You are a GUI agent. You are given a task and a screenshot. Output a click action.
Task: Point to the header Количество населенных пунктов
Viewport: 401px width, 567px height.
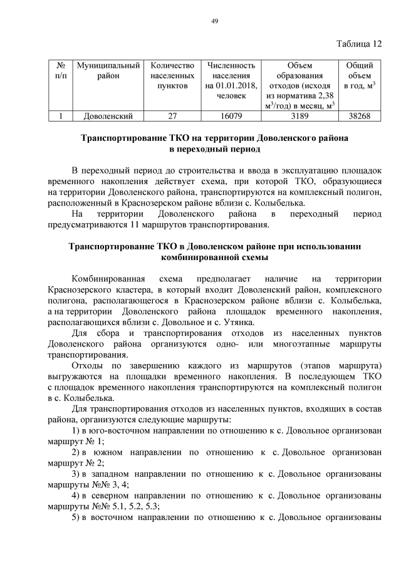[169, 75]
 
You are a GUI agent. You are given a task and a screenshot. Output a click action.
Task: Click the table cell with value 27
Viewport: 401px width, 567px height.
[169, 116]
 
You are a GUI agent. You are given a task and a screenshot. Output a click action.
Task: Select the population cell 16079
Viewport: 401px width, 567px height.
[227, 116]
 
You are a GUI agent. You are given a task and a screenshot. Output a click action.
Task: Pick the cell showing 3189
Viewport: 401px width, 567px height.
[299, 116]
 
